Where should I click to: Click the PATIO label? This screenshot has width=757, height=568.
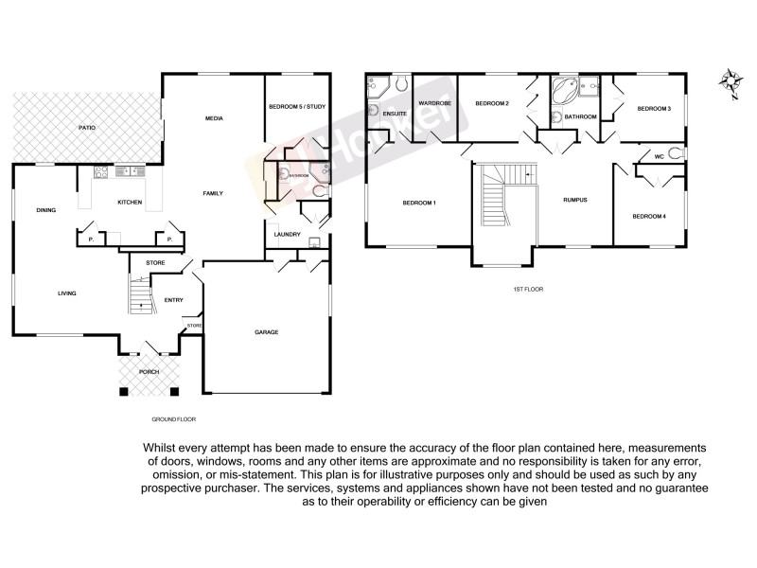[x=86, y=127]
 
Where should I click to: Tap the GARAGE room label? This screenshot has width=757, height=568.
[x=266, y=331]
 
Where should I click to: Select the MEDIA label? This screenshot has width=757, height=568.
[x=214, y=118]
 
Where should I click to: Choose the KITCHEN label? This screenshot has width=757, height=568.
[x=130, y=202]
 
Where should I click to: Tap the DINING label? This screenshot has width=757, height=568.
[x=45, y=210]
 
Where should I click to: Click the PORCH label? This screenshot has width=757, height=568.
[x=150, y=372]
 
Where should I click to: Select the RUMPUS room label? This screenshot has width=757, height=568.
[x=575, y=200]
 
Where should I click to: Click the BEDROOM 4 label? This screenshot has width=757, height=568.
[x=649, y=217]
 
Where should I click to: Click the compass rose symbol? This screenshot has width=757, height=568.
[x=731, y=82]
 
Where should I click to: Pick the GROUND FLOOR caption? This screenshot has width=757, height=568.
[x=173, y=417]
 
